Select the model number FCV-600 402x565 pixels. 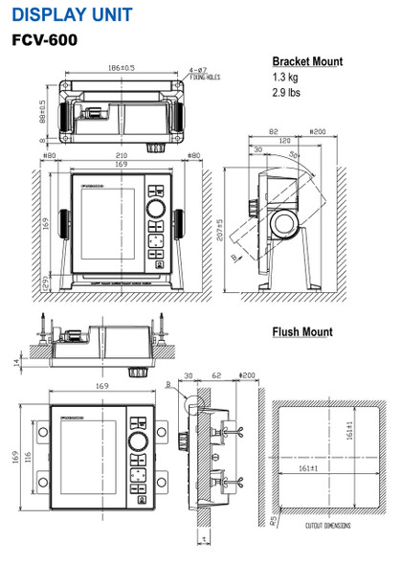point(44,42)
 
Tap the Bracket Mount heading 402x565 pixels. point(306,61)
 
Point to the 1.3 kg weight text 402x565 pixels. point(286,78)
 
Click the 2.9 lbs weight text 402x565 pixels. point(287,95)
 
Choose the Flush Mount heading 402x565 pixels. point(301,332)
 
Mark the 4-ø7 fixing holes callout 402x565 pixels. point(199,72)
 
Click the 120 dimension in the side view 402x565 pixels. point(285,140)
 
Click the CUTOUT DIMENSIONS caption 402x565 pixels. point(327,526)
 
